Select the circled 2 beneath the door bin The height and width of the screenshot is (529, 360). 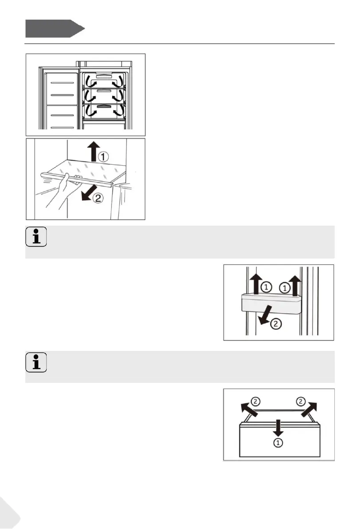pos(276,324)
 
